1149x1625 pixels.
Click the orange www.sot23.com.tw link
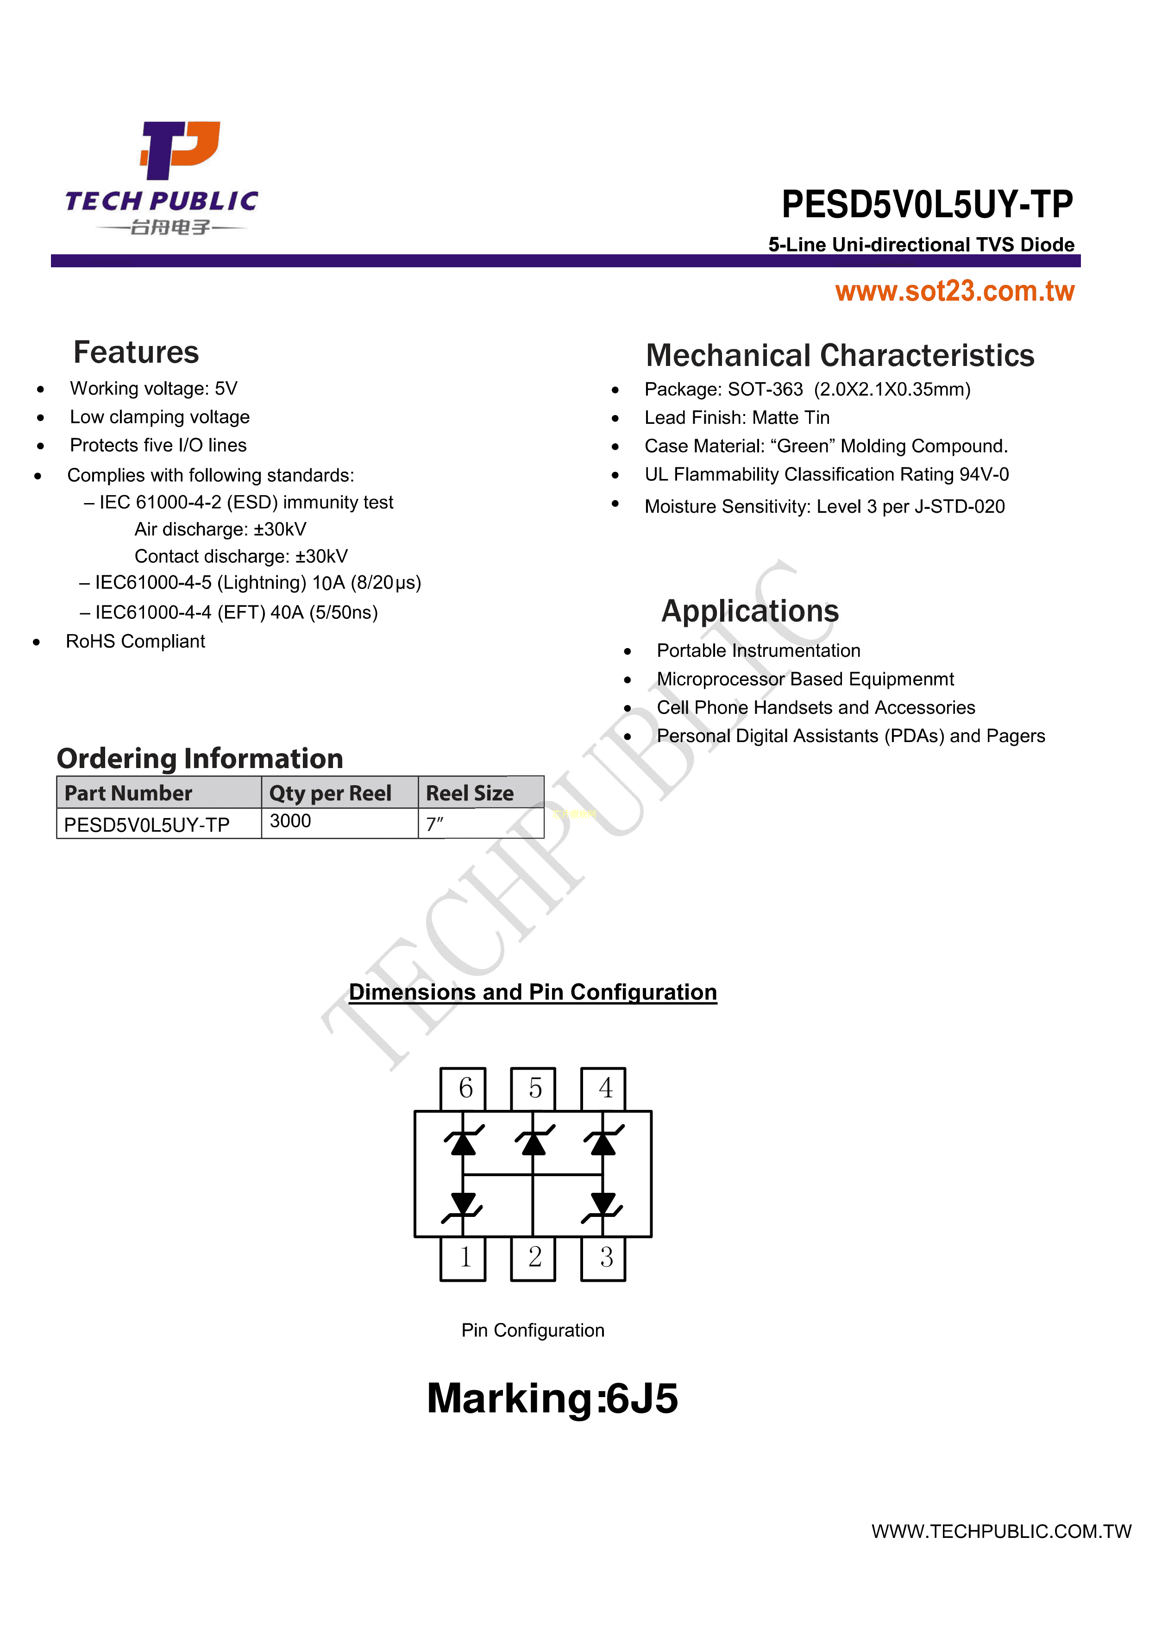tap(954, 291)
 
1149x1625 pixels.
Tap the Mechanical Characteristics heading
tap(840, 355)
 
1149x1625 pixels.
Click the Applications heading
tap(750, 611)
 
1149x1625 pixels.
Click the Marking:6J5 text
tap(553, 1398)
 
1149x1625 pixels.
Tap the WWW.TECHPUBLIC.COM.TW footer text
tap(1001, 1531)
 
